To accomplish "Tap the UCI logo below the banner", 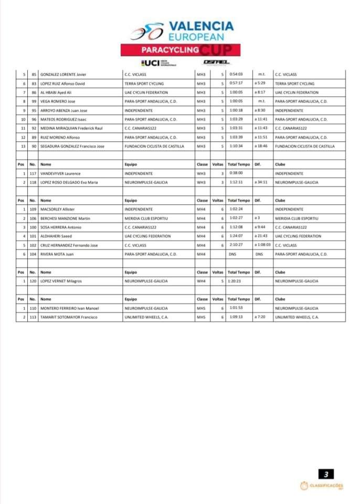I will click(x=155, y=62).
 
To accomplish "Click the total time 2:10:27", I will click(x=236, y=245).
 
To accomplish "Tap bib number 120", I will click(x=33, y=281).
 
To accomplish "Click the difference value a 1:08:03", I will click(x=262, y=245).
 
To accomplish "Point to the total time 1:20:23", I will click(x=236, y=281).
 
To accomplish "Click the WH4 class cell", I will click(x=201, y=281).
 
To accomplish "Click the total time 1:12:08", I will click(x=236, y=227).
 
